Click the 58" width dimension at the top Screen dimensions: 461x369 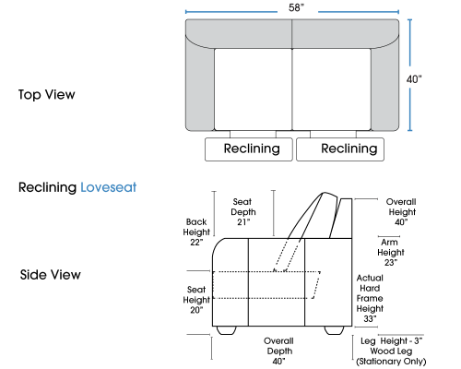click(296, 7)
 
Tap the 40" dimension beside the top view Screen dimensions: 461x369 click(414, 79)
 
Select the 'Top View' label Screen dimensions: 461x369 click(47, 95)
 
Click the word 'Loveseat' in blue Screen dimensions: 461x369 click(109, 187)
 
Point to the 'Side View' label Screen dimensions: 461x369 click(51, 275)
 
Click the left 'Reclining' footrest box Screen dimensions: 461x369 click(249, 149)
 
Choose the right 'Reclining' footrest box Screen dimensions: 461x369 click(340, 149)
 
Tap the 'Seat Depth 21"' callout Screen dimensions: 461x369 click(243, 212)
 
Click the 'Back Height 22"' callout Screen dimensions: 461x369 click(196, 232)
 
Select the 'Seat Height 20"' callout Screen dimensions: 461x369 click(196, 300)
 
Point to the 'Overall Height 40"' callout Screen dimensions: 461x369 click(402, 212)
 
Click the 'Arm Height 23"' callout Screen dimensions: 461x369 click(391, 253)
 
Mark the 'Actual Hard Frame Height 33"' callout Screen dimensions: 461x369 click(370, 298)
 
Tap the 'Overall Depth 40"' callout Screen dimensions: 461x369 click(279, 351)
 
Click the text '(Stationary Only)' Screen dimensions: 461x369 click(391, 362)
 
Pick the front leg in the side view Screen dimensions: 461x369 click(227, 330)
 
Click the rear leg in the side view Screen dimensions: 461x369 click(335, 330)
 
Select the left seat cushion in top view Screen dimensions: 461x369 click(253, 89)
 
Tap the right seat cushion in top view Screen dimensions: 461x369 click(332, 89)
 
